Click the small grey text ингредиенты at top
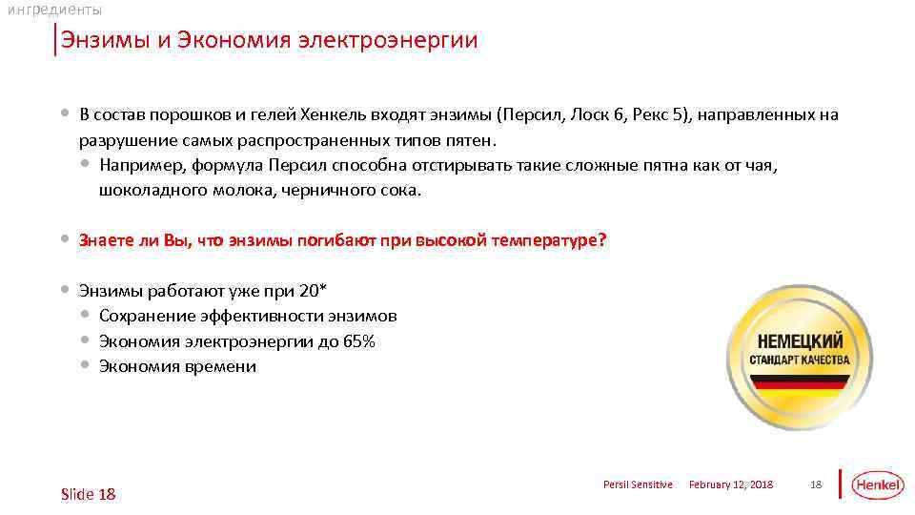tap(54, 10)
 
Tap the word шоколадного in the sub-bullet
tap(146, 190)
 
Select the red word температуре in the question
tap(543, 240)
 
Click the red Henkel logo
tap(877, 485)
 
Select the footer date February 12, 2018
tap(731, 485)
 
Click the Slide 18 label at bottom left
tap(88, 493)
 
